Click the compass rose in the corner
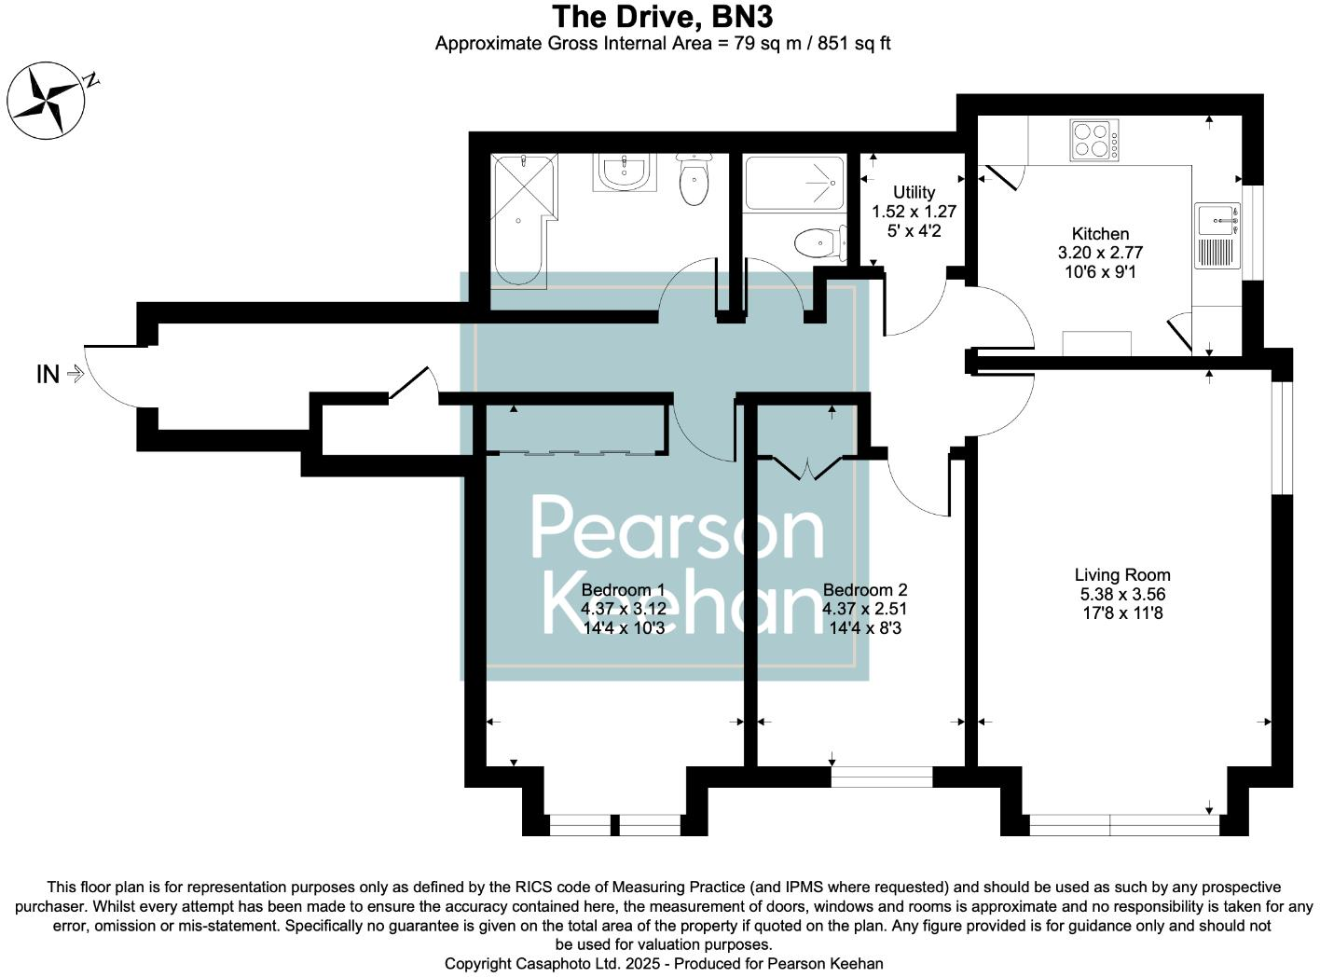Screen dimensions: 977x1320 (x=47, y=100)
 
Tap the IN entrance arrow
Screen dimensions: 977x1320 (x=76, y=375)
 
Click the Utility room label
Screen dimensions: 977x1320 (x=914, y=193)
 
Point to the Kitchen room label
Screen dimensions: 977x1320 (x=1100, y=234)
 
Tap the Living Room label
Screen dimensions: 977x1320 (x=1121, y=575)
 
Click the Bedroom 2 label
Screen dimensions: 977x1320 (x=864, y=590)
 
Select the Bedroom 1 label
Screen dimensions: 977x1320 (x=623, y=590)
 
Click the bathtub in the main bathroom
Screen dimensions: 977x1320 (x=522, y=220)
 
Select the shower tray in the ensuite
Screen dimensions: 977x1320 (x=794, y=184)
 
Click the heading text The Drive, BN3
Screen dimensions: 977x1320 (x=662, y=17)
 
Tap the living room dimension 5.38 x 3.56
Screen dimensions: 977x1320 (x=1121, y=595)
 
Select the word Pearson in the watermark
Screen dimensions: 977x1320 (x=678, y=530)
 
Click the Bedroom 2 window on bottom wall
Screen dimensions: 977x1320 (x=882, y=777)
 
